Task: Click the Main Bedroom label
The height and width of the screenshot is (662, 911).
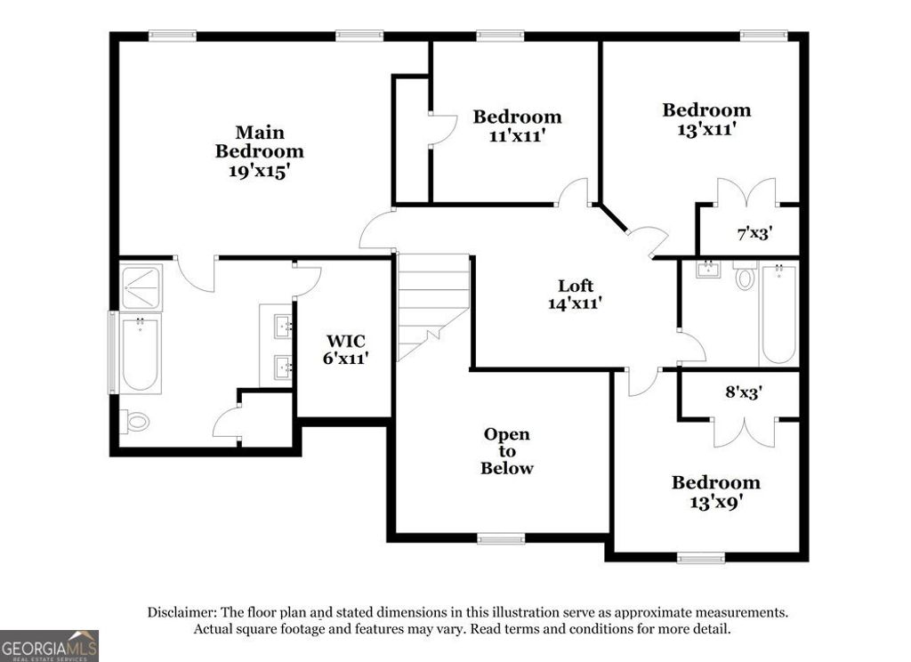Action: (259, 141)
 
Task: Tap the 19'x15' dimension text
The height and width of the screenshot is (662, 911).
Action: (259, 171)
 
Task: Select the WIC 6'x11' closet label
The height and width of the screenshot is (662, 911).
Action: (345, 349)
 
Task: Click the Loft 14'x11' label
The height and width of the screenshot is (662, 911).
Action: (576, 294)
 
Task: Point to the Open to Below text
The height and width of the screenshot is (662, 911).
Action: (507, 451)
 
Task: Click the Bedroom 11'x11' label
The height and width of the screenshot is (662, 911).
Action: (517, 125)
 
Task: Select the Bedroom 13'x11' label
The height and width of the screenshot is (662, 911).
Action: (706, 118)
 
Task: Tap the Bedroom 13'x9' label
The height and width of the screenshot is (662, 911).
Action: (715, 491)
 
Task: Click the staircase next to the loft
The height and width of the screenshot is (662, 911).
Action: (432, 303)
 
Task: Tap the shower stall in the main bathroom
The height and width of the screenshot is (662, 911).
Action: (141, 287)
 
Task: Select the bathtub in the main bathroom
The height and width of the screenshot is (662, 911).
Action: (140, 353)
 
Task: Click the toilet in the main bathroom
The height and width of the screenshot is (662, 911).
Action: (134, 421)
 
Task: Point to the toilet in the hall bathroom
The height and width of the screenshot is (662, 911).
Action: (745, 277)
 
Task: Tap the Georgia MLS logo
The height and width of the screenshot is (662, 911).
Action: (49, 645)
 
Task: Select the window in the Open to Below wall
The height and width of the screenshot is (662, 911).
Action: (501, 538)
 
